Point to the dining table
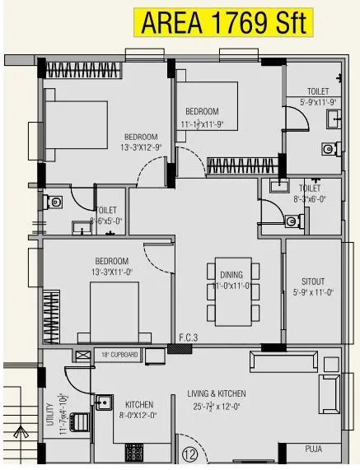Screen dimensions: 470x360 230,292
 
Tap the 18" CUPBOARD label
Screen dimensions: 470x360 119,355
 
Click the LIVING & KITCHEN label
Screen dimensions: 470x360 217,393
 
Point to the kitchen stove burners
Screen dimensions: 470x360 133,453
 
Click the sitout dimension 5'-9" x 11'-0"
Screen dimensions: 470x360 312,291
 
